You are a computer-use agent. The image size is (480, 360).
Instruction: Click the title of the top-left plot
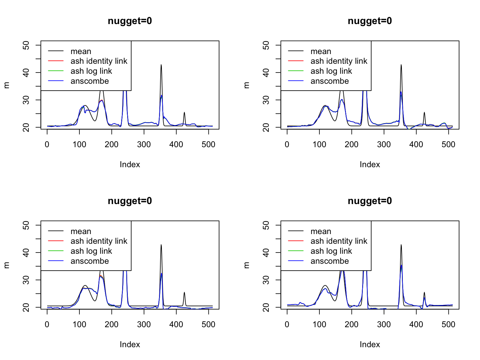pyautogui.click(x=130, y=21)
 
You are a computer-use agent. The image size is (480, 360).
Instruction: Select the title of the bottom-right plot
pyautogui.click(x=370, y=201)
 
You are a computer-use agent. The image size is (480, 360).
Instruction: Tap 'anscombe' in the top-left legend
pyautogui.click(x=90, y=81)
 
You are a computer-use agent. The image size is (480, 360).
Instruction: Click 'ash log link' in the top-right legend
pyautogui.click(x=331, y=71)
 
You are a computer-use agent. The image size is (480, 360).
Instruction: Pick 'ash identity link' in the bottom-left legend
pyautogui.click(x=99, y=241)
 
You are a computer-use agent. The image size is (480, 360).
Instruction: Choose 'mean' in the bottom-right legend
pyautogui.click(x=321, y=232)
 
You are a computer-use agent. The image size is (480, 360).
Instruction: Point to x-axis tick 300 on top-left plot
pyautogui.click(x=144, y=145)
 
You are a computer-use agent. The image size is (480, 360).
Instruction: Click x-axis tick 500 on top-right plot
pyautogui.click(x=448, y=145)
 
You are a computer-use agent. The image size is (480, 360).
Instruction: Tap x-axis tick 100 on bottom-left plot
pyautogui.click(x=79, y=325)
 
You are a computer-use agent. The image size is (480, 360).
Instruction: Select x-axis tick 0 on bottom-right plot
pyautogui.click(x=287, y=325)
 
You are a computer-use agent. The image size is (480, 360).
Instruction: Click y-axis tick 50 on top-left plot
pyautogui.click(x=27, y=45)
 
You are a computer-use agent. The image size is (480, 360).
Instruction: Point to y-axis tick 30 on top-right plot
pyautogui.click(x=267, y=100)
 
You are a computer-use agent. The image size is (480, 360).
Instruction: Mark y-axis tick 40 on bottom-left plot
pyautogui.click(x=27, y=252)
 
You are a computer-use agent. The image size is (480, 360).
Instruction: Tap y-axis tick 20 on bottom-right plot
pyautogui.click(x=267, y=307)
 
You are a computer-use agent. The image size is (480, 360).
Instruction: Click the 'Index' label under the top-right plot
pyautogui.click(x=370, y=165)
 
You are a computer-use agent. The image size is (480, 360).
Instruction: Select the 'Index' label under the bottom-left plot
pyautogui.click(x=130, y=345)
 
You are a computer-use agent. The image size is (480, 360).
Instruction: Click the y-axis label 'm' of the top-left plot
pyautogui.click(x=7, y=85)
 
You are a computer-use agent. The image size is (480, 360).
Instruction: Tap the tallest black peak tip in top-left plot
pyautogui.click(x=161, y=65)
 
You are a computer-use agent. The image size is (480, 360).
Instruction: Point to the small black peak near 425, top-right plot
pyautogui.click(x=424, y=112)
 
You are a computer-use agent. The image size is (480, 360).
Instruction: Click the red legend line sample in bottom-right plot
pyautogui.click(x=296, y=241)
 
